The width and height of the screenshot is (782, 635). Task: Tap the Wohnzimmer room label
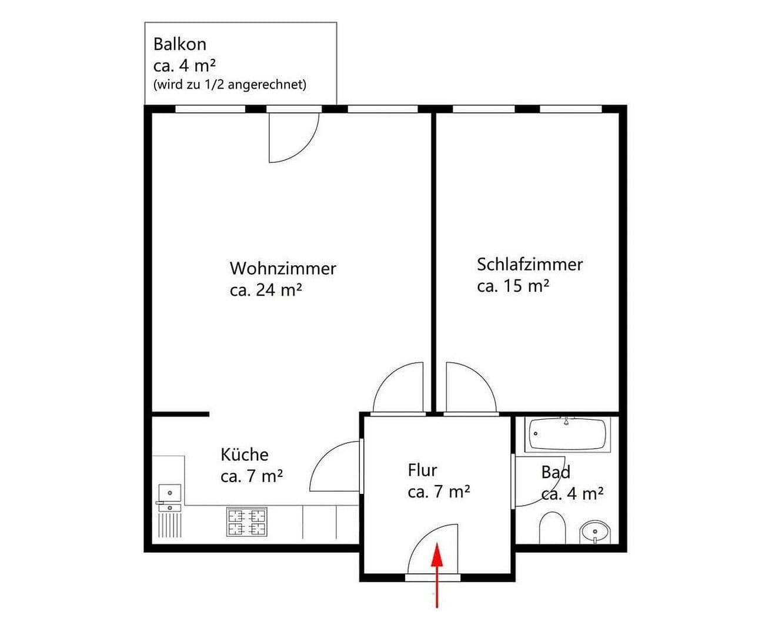283,269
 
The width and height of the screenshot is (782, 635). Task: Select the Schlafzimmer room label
529,265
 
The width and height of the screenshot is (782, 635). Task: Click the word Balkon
179,44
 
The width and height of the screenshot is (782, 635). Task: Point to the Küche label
245,454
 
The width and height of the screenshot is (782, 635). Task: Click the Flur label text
422,470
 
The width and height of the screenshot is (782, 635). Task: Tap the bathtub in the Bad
567,435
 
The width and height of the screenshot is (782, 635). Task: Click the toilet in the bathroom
552,528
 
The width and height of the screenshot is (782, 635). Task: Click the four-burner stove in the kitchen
246,522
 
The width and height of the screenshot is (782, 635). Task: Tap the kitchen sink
169,492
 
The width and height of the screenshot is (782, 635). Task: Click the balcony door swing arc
293,138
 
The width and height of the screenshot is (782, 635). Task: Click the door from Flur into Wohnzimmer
398,388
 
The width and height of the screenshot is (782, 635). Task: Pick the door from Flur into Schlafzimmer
470,388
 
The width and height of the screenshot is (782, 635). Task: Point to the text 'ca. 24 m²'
266,290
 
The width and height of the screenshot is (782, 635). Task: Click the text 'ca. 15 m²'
513,286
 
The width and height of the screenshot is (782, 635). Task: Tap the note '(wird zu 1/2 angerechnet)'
229,85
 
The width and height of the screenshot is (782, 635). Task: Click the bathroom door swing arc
540,481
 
